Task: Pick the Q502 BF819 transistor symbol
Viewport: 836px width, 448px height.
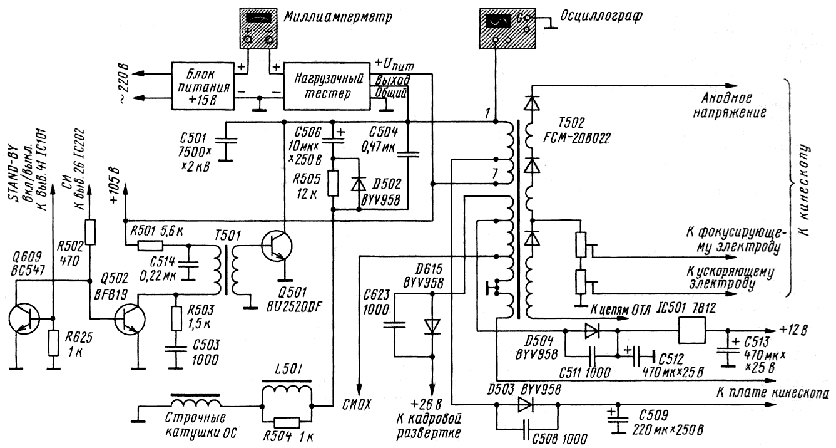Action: point(131,320)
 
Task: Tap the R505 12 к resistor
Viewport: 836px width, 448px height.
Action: point(333,184)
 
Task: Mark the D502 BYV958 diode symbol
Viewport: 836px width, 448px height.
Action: point(358,184)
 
